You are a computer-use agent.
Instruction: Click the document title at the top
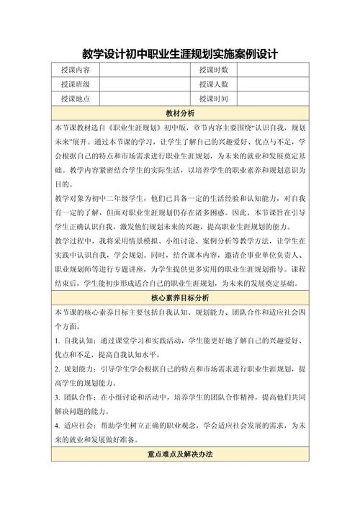(x=179, y=54)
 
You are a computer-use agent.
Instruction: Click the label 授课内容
(x=76, y=70)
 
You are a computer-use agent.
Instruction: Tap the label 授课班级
(x=76, y=84)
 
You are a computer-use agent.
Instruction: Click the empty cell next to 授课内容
(x=140, y=70)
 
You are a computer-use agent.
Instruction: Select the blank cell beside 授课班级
(x=140, y=84)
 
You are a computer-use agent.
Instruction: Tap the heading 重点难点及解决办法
(x=179, y=455)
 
